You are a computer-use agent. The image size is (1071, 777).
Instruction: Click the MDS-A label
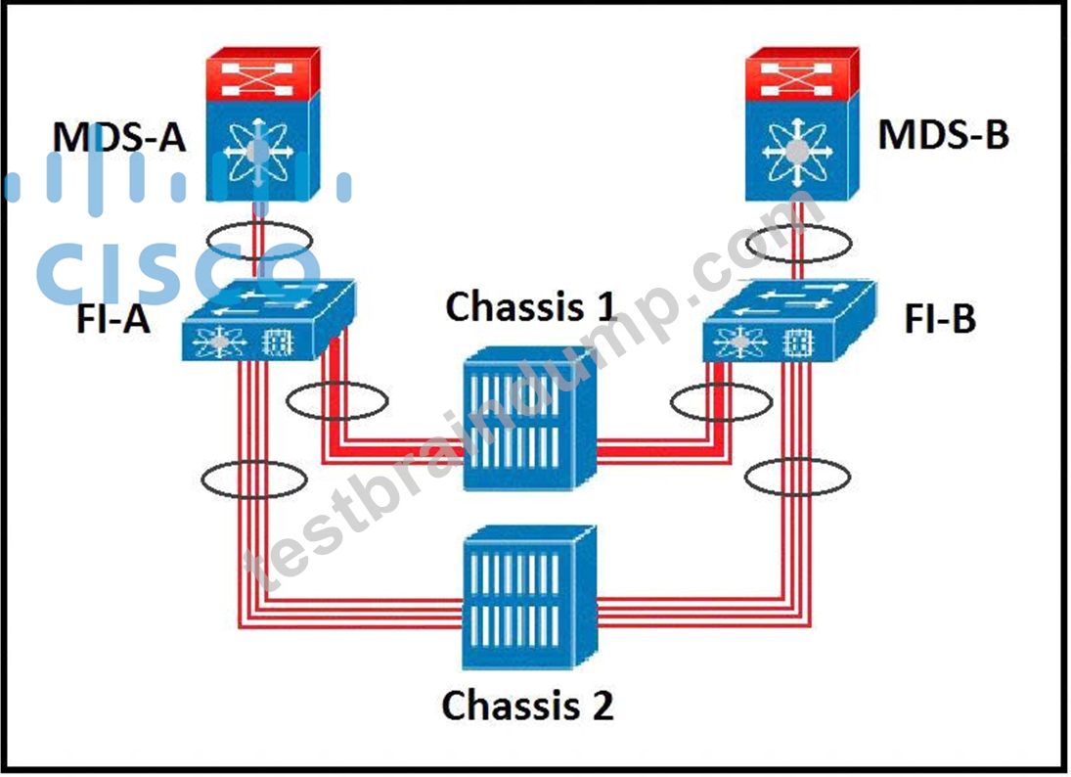(x=119, y=137)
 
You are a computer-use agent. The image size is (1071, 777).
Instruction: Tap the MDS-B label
(x=943, y=135)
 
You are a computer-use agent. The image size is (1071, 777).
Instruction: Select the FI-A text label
(x=113, y=318)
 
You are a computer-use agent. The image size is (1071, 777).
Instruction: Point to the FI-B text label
(x=940, y=318)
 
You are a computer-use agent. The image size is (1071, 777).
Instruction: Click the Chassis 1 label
(x=530, y=306)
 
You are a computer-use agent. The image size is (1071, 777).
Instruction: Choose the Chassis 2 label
(x=527, y=705)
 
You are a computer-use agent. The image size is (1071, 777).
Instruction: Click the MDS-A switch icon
(x=263, y=124)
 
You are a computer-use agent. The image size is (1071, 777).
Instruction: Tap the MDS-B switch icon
(x=802, y=124)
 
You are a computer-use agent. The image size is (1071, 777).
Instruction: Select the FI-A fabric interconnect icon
(x=268, y=319)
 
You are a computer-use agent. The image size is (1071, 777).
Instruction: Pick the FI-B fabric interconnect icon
(x=789, y=320)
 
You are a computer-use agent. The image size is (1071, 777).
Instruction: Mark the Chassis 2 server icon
(x=530, y=598)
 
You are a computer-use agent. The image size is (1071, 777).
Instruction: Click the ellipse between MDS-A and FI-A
(x=259, y=223)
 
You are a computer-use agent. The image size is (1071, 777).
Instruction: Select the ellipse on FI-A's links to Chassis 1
(x=337, y=384)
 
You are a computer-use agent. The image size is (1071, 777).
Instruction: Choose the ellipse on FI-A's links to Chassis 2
(x=253, y=462)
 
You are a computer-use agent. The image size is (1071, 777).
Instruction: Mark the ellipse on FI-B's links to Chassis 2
(x=797, y=460)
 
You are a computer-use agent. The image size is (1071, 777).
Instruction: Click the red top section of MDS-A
(x=263, y=72)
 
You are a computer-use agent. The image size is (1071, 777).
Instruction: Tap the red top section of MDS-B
(x=802, y=72)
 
